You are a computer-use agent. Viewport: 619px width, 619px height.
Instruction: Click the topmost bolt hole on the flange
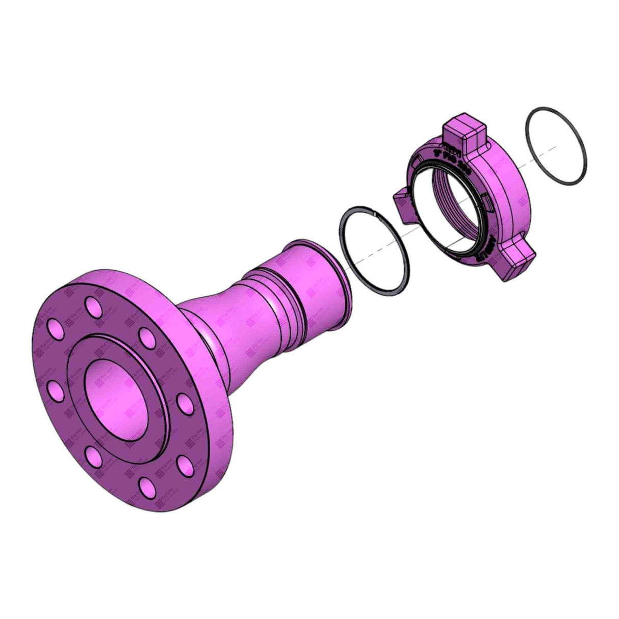(93, 307)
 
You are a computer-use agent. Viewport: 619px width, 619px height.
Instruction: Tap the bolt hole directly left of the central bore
(55, 391)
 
